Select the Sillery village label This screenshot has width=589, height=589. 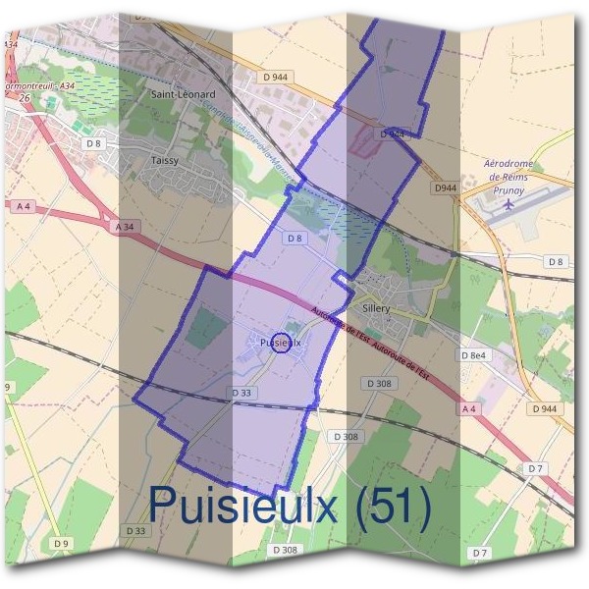pos(376,308)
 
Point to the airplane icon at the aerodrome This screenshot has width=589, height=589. pos(509,204)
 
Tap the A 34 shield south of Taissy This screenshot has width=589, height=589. pos(124,227)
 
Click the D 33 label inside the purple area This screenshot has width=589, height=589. pos(242,392)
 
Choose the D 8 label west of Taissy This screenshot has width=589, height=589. pos(93,143)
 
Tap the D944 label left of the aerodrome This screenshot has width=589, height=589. pos(446,187)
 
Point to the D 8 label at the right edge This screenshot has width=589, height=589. pos(557,261)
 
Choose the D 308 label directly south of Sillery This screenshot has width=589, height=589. pos(377,383)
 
